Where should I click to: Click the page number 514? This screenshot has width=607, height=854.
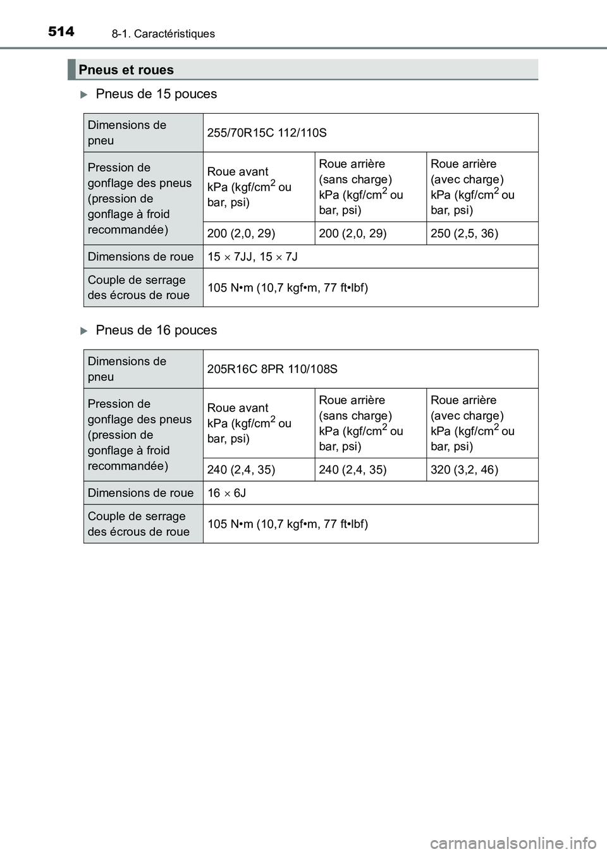coord(61,31)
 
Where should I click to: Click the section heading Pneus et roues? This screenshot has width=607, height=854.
coord(126,70)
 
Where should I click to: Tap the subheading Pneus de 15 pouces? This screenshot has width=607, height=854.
coord(156,94)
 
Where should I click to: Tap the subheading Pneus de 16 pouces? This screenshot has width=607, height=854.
coord(156,331)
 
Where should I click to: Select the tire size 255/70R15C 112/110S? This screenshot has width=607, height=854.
coord(267,133)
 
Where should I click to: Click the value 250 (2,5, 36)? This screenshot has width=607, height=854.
coord(464,233)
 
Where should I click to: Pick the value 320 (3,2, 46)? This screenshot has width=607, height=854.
coord(464,470)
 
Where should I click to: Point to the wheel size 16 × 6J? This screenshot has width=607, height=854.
coord(226,493)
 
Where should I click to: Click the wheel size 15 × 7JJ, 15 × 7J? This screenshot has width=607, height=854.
coord(252,257)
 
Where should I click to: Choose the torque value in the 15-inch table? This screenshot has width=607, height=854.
coord(288,288)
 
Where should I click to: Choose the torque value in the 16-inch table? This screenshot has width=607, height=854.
coord(288,524)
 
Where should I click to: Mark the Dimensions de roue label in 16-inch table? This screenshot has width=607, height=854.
coord(141,493)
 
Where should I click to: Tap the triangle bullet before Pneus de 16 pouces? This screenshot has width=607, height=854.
coord(85,331)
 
